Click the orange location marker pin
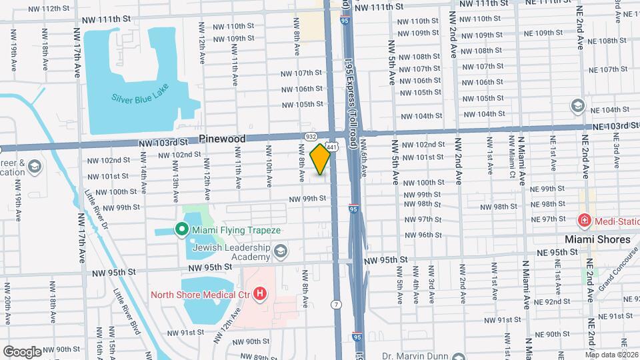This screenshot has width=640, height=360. [x=321, y=159]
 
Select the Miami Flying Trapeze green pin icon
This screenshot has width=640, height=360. [x=181, y=230]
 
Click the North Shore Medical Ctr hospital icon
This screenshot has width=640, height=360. [x=260, y=293]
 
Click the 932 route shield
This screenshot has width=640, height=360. [x=311, y=136]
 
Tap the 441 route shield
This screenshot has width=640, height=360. [x=332, y=146]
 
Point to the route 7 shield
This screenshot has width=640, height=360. [x=337, y=304]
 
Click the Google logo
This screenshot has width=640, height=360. [x=22, y=351]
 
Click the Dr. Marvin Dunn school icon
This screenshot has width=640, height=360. [x=458, y=357]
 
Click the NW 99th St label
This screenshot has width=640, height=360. [x=307, y=199]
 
